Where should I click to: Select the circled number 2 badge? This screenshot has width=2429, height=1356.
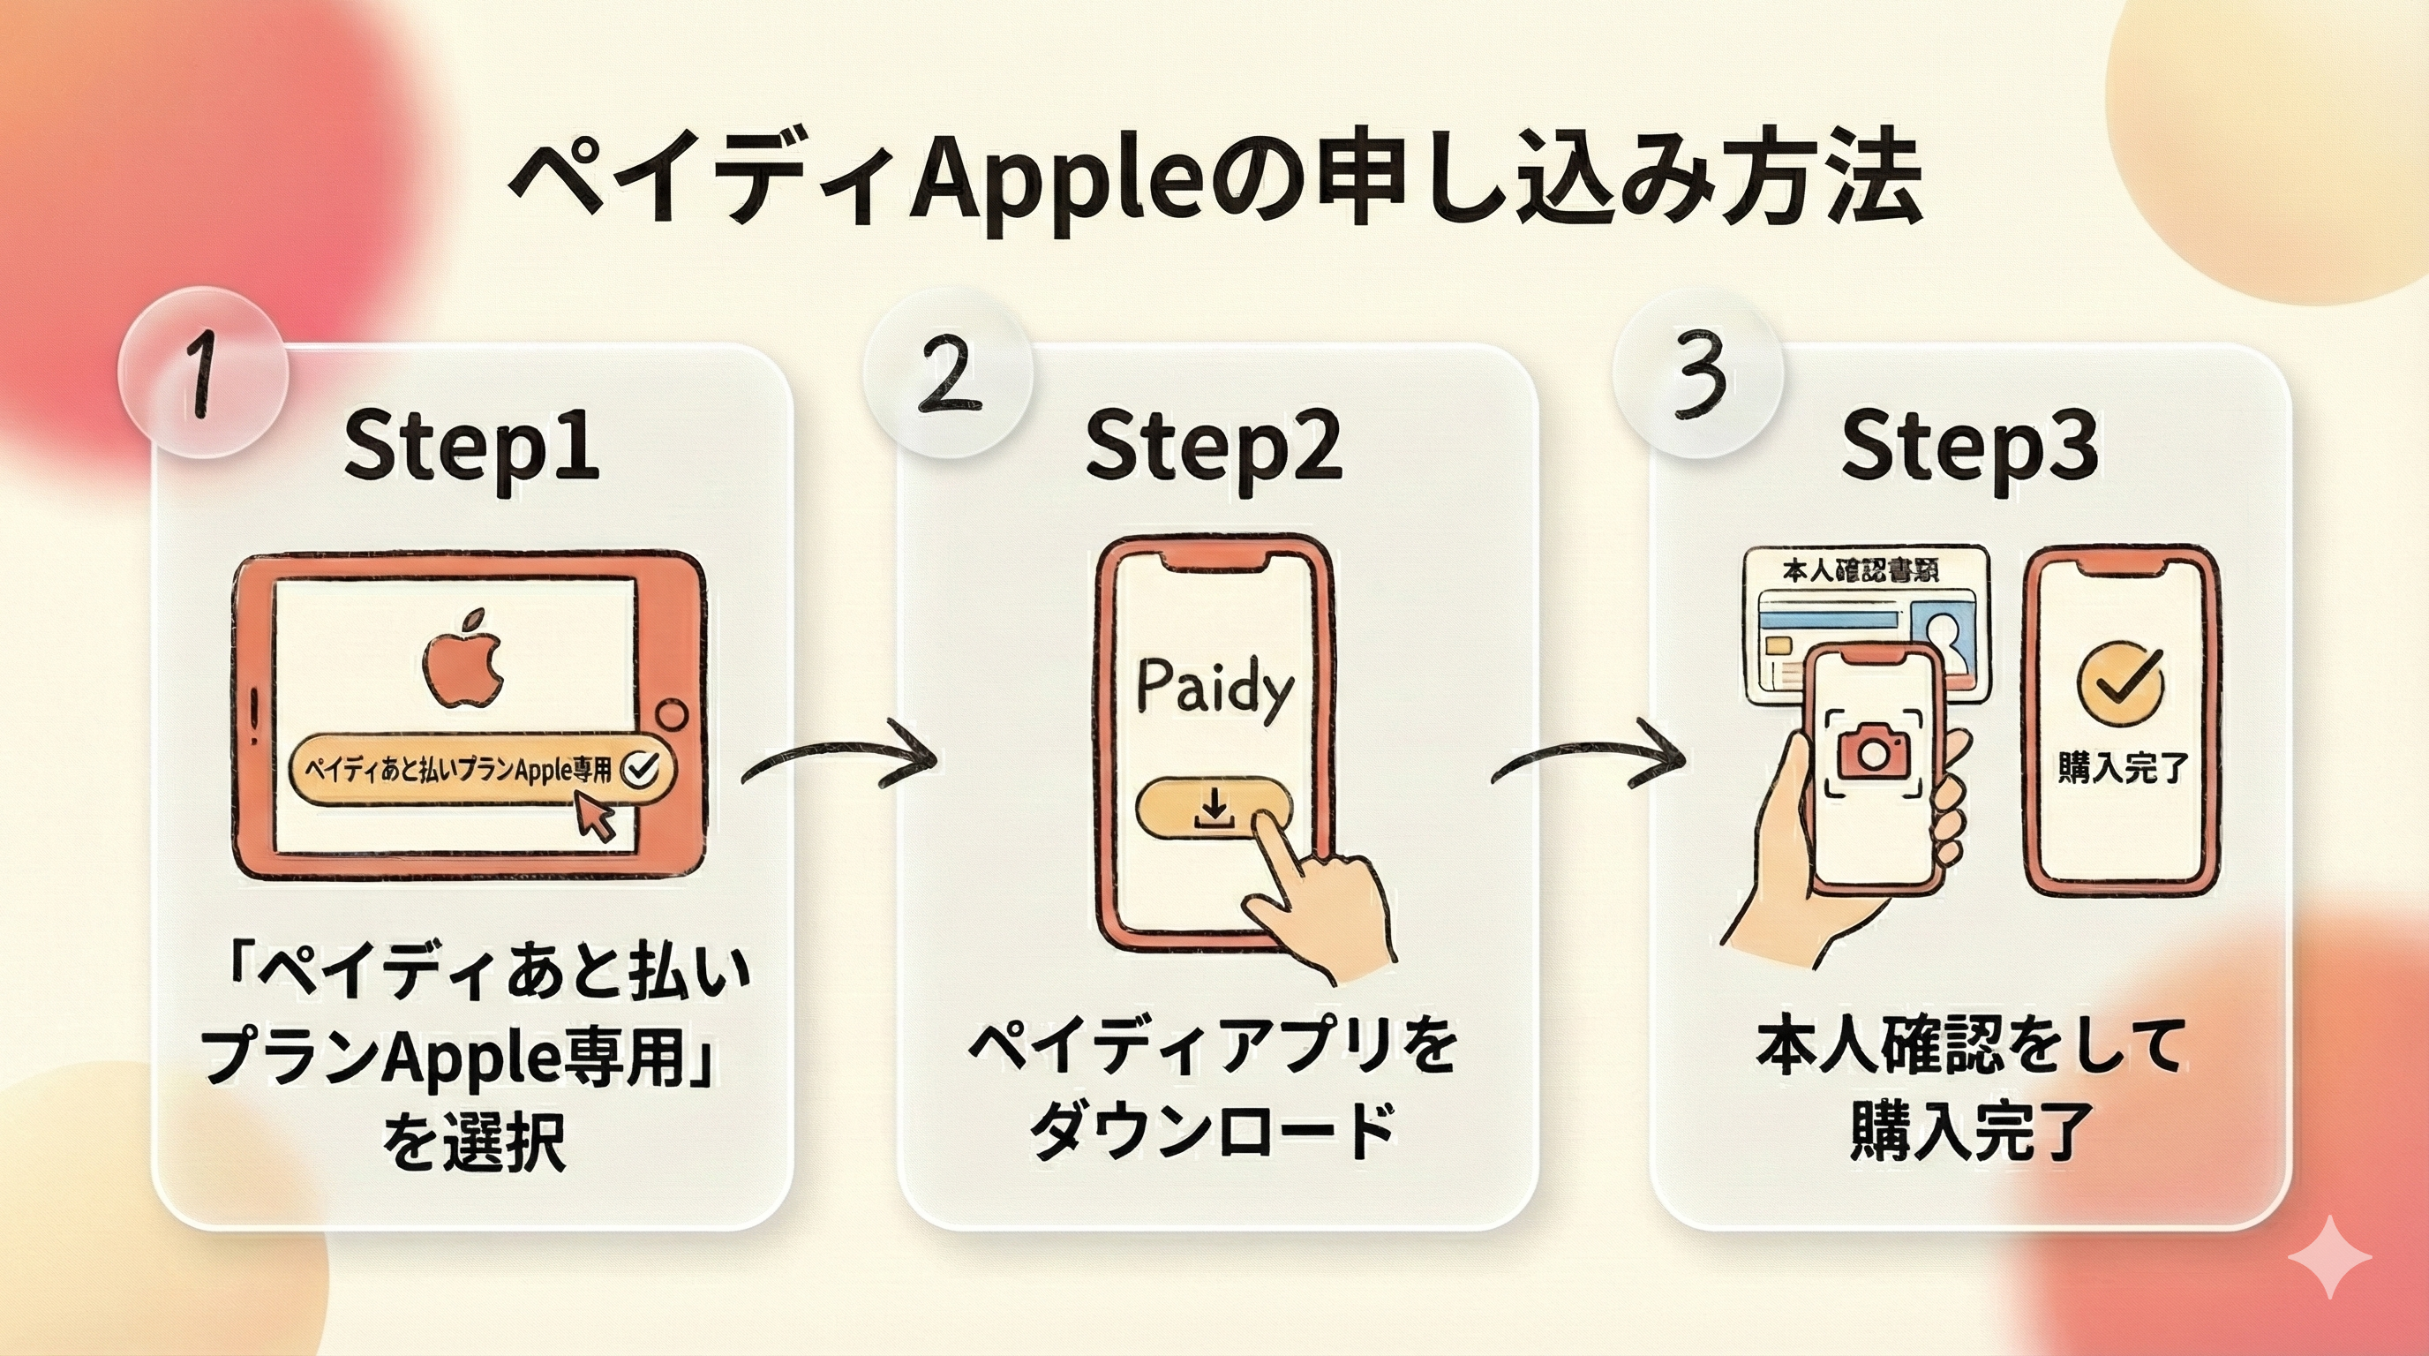click(948, 375)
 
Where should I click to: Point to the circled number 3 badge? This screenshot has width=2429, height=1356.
click(1697, 375)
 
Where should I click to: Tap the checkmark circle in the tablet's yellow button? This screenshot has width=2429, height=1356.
click(643, 769)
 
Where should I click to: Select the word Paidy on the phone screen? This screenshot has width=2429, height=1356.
click(1214, 689)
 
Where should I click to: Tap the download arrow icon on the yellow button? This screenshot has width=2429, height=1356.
click(1214, 809)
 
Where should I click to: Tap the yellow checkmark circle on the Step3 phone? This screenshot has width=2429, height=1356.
click(2120, 682)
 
